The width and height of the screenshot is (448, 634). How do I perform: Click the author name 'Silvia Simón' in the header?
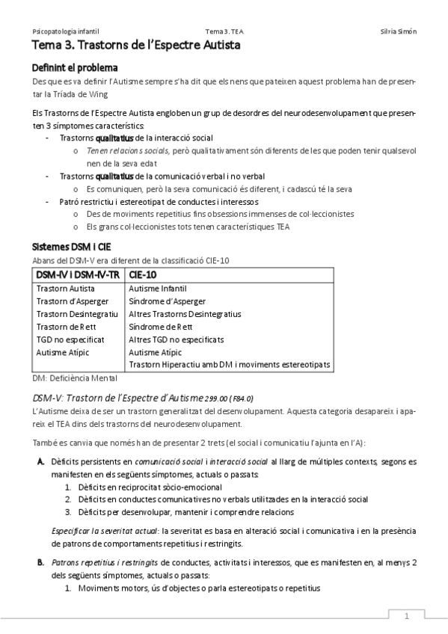click(x=399, y=31)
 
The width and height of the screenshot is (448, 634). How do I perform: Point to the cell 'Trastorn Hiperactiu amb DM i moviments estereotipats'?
click(x=230, y=365)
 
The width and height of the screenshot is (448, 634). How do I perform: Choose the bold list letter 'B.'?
click(x=41, y=561)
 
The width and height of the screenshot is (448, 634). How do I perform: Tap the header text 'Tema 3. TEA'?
click(x=224, y=31)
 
